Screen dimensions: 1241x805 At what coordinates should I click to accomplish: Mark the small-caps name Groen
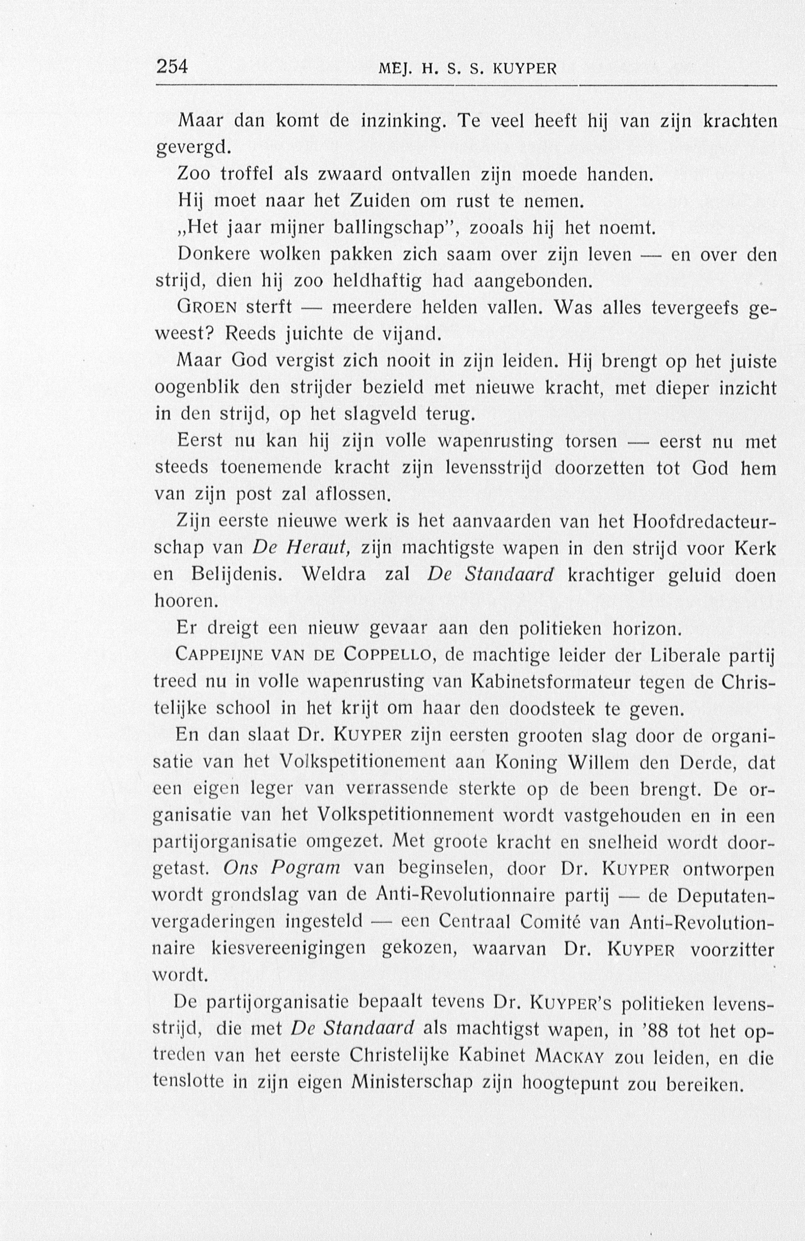(207, 308)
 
